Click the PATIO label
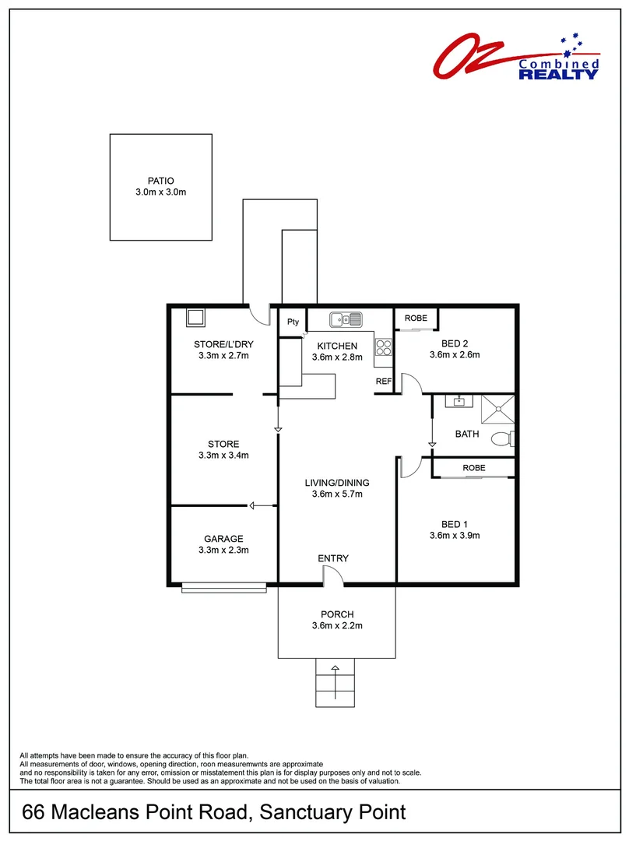pyautogui.click(x=160, y=181)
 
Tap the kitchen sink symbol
pyautogui.click(x=346, y=318)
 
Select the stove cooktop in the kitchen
pyautogui.click(x=384, y=347)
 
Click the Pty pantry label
pyautogui.click(x=293, y=322)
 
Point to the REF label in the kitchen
pyautogui.click(x=384, y=382)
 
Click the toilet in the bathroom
pyautogui.click(x=502, y=438)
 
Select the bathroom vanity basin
pyautogui.click(x=458, y=402)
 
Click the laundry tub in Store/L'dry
pyautogui.click(x=195, y=318)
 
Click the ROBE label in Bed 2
pyautogui.click(x=416, y=318)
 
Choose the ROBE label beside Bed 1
pyautogui.click(x=473, y=468)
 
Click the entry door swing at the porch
pyautogui.click(x=332, y=575)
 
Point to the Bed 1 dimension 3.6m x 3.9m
pyautogui.click(x=455, y=535)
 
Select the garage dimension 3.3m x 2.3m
pyautogui.click(x=223, y=550)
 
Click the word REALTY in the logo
pyautogui.click(x=559, y=74)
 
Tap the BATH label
pyautogui.click(x=467, y=435)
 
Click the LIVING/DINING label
pyautogui.click(x=336, y=483)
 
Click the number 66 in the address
pyautogui.click(x=33, y=812)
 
